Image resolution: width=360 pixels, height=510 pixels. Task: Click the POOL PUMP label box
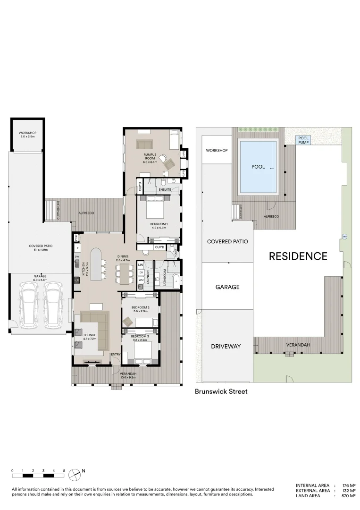pyautogui.click(x=303, y=140)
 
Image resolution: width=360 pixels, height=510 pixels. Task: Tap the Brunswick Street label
pyautogui.click(x=221, y=391)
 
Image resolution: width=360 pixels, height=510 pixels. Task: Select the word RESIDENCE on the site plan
pyautogui.click(x=298, y=256)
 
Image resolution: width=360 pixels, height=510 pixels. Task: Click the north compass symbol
pyautogui.click(x=75, y=474)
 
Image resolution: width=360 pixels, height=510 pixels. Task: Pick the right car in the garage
pyautogui.click(x=53, y=306)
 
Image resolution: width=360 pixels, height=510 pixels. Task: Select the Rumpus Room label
pyautogui.click(x=150, y=158)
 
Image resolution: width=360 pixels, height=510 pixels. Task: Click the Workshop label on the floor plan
pyautogui.click(x=27, y=134)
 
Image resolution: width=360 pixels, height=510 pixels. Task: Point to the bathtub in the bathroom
pyautogui.click(x=176, y=280)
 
